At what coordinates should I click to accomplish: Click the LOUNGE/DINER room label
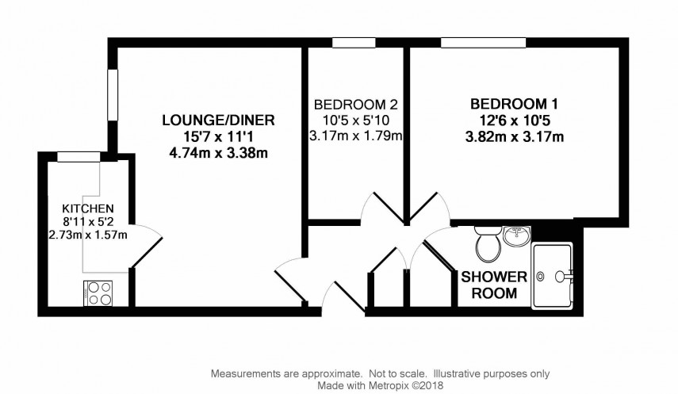pyautogui.click(x=218, y=120)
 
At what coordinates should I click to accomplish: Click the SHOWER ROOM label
pyautogui.click(x=495, y=285)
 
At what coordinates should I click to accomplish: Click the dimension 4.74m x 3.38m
pyautogui.click(x=218, y=154)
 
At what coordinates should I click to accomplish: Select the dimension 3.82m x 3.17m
pyautogui.click(x=515, y=137)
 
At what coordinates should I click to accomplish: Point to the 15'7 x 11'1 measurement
pyautogui.click(x=218, y=137)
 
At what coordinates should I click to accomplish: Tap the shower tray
pyautogui.click(x=553, y=276)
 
